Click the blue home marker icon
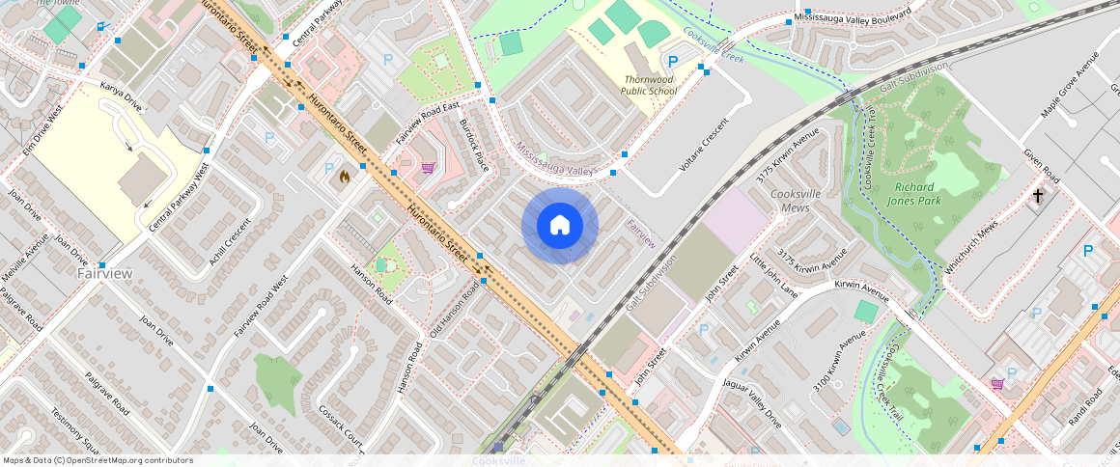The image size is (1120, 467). (560, 226)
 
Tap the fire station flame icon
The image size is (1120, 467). (344, 177)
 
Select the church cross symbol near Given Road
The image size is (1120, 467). (1038, 196)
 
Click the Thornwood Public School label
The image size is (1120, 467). (648, 85)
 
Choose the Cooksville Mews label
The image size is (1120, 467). (795, 200)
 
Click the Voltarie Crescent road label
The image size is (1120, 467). (701, 146)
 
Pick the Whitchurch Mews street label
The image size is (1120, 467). (972, 249)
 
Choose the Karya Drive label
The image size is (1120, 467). (121, 97)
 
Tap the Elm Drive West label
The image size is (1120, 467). (42, 130)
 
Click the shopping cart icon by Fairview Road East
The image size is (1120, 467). (427, 167)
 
